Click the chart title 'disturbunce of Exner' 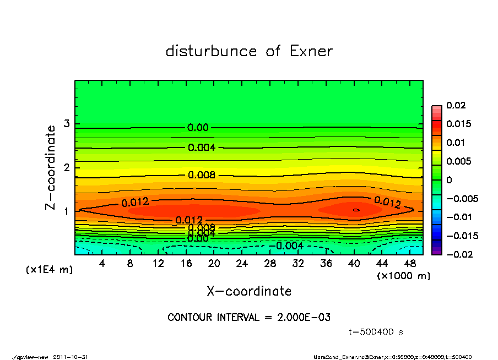pyautogui.click(x=249, y=51)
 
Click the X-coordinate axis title pyautogui.click(x=249, y=291)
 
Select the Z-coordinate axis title pyautogui.click(x=51, y=167)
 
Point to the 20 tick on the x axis pyautogui.click(x=214, y=264)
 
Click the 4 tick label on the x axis pyautogui.click(x=102, y=264)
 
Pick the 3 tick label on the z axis pyautogui.click(x=66, y=124)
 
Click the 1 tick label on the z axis pyautogui.click(x=66, y=211)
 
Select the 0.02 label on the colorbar pyautogui.click(x=456, y=105)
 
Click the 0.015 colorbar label pyautogui.click(x=458, y=124)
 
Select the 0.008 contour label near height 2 pyautogui.click(x=201, y=175)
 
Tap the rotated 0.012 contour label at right pyautogui.click(x=387, y=202)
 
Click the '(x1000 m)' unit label pyautogui.click(x=403, y=276)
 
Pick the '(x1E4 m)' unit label pyautogui.click(x=50, y=270)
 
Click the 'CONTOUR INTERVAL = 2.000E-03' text pyautogui.click(x=249, y=318)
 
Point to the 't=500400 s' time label pyautogui.click(x=376, y=332)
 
